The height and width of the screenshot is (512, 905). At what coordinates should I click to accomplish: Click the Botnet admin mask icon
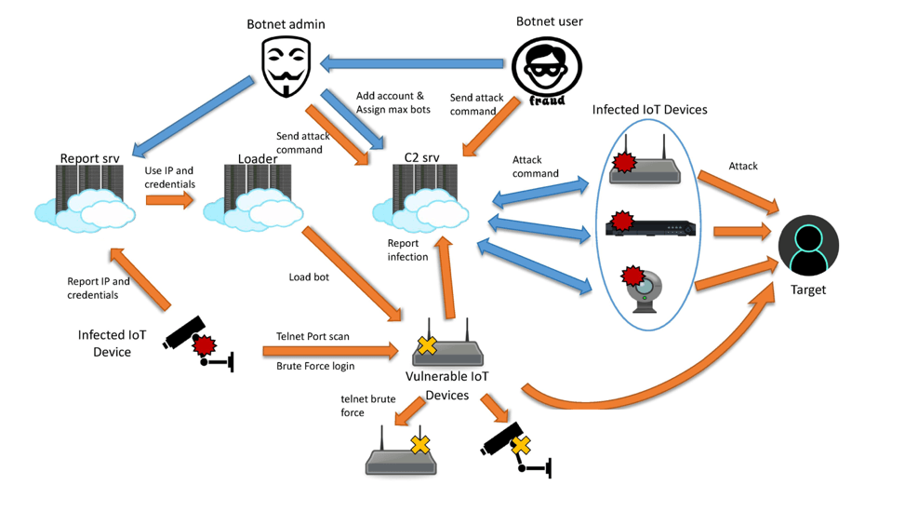[286, 66]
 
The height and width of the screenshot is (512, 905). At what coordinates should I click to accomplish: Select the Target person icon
[808, 246]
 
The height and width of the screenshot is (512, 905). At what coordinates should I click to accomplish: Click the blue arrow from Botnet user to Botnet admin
[411, 63]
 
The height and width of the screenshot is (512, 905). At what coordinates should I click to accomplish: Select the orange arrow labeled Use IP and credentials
[169, 200]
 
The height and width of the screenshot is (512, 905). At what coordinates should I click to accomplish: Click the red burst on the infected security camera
[204, 345]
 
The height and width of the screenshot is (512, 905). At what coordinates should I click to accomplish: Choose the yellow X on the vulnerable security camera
[520, 445]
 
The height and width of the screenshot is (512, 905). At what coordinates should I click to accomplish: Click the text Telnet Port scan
[313, 336]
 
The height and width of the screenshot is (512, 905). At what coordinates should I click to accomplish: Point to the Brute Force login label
[315, 366]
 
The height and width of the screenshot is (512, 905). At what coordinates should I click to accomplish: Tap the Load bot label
[309, 277]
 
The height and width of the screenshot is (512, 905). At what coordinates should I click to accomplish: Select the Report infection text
[407, 250]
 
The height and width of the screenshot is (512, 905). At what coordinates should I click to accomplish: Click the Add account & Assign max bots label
[393, 102]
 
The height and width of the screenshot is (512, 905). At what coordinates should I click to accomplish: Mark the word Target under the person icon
[808, 290]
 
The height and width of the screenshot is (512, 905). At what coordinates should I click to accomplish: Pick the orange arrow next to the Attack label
[739, 192]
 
